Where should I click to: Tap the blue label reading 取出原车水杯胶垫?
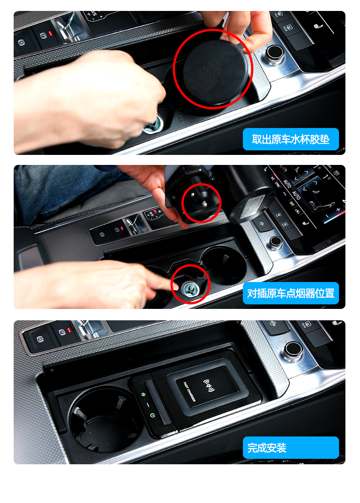click(291, 139)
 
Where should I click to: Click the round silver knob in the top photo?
click(275, 54)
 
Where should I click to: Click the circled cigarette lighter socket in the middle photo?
click(189, 286)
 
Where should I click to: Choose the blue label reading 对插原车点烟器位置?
click(291, 293)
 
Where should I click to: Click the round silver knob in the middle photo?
click(275, 242)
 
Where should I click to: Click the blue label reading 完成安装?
click(291, 448)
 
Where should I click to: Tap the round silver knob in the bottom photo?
click(292, 350)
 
